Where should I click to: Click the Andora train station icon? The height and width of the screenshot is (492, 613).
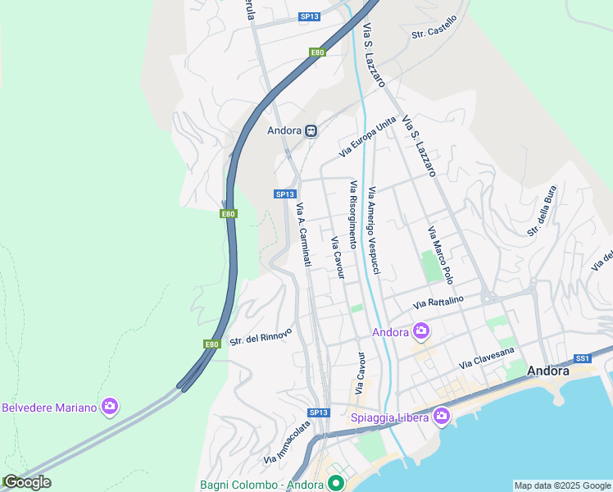(x=311, y=130)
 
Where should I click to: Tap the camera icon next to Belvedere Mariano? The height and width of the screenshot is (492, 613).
(x=110, y=407)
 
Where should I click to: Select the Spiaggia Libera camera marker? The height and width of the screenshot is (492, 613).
(x=442, y=417)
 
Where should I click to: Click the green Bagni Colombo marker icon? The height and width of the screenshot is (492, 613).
(x=335, y=483)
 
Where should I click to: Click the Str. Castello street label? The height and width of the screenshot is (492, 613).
(x=434, y=33)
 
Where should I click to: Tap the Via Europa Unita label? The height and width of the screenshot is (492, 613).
(x=367, y=137)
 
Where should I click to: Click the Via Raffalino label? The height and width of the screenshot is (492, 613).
(x=438, y=303)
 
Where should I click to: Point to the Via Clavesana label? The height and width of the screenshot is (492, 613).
(x=487, y=357)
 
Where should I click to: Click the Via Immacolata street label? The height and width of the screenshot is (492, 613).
(x=286, y=441)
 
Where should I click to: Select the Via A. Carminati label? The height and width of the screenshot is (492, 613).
(x=303, y=235)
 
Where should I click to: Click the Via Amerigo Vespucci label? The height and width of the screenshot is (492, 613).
(x=375, y=230)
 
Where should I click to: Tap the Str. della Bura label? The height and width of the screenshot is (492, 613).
(x=543, y=211)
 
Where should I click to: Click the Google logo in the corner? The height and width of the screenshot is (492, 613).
(x=26, y=483)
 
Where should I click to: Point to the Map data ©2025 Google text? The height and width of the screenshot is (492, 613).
(x=561, y=485)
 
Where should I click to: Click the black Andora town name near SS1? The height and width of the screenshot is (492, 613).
(x=548, y=371)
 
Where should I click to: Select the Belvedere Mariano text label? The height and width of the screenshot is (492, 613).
(x=50, y=408)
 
